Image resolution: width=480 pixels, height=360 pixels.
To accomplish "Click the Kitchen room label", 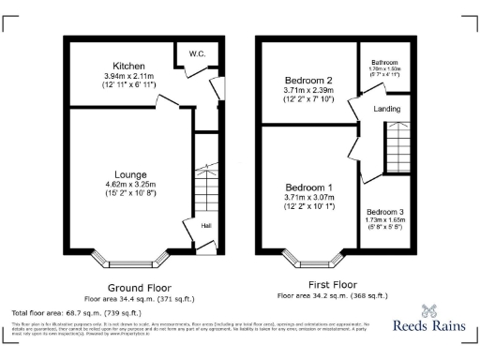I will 129,66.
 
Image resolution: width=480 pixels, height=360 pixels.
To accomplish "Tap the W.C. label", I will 197,53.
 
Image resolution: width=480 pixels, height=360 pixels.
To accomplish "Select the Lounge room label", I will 129,174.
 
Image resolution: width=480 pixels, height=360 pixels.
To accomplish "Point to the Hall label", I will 205,225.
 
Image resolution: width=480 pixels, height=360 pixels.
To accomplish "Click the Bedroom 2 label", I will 309,82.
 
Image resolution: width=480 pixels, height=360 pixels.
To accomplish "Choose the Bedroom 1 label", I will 309,187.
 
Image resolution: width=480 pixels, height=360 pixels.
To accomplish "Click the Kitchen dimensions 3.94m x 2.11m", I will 129,76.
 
